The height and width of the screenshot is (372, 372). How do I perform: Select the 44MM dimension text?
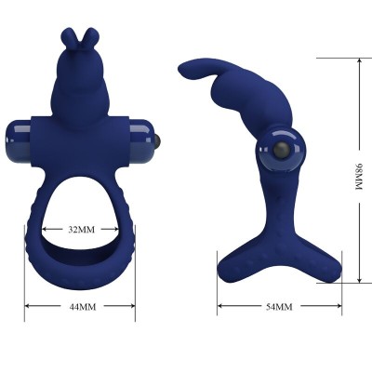coord(81,306)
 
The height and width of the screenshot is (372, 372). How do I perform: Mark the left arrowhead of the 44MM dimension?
coord(28,305)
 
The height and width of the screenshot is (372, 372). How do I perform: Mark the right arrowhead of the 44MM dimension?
coord(133,305)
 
